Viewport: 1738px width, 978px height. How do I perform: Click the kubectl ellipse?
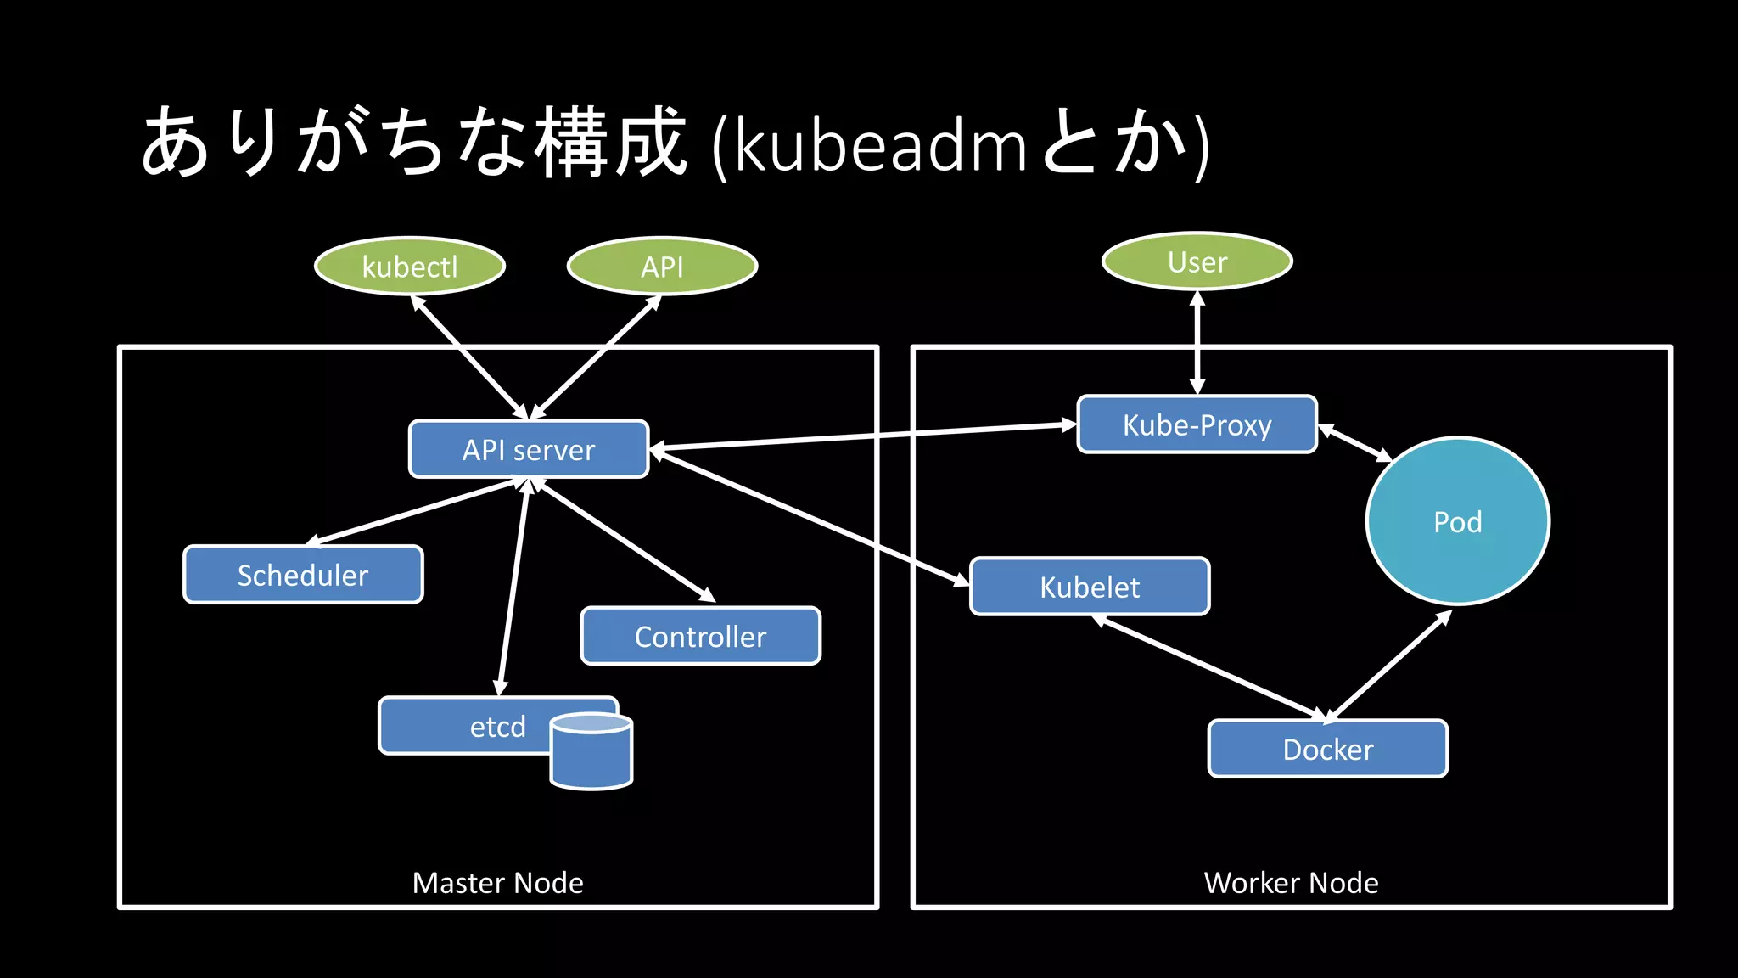410,266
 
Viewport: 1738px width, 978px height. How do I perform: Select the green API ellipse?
662,266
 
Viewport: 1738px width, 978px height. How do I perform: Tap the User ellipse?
1197,261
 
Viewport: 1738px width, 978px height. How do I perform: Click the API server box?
529,449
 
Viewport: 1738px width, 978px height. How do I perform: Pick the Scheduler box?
303,575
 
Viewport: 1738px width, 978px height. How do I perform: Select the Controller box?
700,636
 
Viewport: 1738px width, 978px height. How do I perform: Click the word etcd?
497,727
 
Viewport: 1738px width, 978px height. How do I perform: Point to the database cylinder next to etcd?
591,756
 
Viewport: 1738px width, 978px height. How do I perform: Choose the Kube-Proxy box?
1197,424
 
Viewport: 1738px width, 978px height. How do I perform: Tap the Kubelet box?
1090,587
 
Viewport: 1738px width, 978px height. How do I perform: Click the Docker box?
1327,749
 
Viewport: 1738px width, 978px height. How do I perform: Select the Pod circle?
1457,521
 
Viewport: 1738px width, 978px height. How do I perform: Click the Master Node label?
497,883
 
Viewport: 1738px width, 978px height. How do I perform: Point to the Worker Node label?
1291,883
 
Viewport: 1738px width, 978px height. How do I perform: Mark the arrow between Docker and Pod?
1389,666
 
